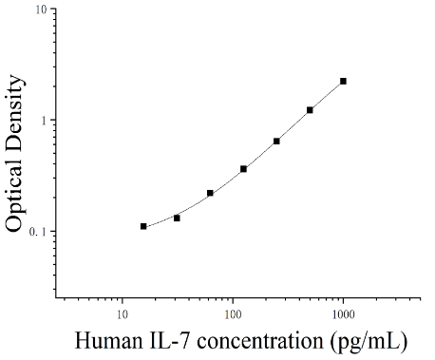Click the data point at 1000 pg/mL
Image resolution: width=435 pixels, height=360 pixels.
pos(343,82)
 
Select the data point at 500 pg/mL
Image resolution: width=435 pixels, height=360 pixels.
pos(310,110)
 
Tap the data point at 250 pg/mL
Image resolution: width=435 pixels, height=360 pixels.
pos(276,142)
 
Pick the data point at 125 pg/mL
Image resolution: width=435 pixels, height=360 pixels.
pos(243,169)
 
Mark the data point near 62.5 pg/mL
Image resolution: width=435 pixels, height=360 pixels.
pos(210,193)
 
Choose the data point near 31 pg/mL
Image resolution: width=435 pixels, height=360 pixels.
pos(177,218)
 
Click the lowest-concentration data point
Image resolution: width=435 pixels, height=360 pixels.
pos(143,226)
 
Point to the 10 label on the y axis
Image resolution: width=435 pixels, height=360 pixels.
pos(41,9)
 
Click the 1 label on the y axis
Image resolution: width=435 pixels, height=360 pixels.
pos(44,121)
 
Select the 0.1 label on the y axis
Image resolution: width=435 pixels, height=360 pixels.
pos(38,232)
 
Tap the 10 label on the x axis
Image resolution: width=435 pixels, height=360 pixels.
pos(123,314)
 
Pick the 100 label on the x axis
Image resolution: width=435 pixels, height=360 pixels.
pos(233,314)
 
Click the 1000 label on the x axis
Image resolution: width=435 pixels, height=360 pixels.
pos(343,314)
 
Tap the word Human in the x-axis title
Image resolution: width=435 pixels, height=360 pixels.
pos(108,341)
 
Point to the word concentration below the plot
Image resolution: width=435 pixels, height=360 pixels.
pos(260,341)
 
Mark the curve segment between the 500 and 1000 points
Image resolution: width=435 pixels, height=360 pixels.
pos(327,96)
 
